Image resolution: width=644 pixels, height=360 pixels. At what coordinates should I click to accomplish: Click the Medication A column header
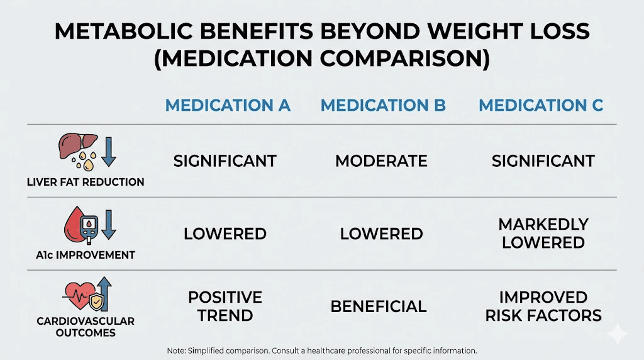point(227,105)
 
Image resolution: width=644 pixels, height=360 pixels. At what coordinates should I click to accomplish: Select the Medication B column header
point(383,105)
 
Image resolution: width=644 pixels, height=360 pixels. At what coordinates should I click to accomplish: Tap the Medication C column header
point(541,105)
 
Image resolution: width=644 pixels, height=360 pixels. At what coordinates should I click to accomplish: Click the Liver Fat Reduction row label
point(86,182)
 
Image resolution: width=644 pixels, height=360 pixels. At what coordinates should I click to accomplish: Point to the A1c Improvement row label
point(86,255)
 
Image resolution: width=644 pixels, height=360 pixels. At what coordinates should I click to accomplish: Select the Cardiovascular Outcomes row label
point(86,327)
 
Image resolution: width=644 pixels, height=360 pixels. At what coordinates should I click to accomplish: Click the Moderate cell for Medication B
point(381,161)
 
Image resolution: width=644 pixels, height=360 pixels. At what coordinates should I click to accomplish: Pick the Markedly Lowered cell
point(543,233)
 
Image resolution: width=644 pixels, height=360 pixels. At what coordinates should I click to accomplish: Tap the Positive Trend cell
point(225,306)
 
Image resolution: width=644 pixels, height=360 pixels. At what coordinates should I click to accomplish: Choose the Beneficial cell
point(379,307)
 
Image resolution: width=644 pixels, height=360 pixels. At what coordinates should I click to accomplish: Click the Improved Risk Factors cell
point(543,306)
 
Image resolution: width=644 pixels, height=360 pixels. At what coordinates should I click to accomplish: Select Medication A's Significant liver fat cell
point(225,161)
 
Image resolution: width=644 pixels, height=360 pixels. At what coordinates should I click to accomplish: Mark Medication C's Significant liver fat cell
point(543,161)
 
